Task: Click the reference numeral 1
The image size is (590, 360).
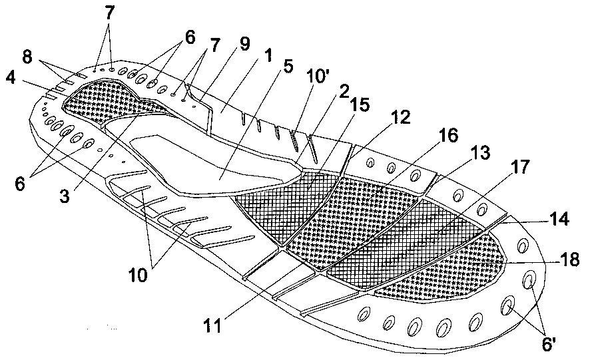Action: pyautogui.click(x=268, y=56)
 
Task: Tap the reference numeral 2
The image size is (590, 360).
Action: pyautogui.click(x=343, y=91)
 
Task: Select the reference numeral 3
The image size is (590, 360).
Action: pyautogui.click(x=65, y=196)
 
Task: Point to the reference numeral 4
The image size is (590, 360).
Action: pyautogui.click(x=10, y=78)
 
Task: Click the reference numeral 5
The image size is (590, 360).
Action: pyautogui.click(x=288, y=66)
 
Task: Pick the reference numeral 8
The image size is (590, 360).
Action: pyautogui.click(x=27, y=57)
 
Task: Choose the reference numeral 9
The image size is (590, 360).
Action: pyautogui.click(x=244, y=44)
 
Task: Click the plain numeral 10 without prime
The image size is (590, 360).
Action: pyautogui.click(x=137, y=275)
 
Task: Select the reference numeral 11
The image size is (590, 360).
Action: pyautogui.click(x=212, y=325)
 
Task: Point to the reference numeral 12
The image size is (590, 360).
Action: pyautogui.click(x=400, y=117)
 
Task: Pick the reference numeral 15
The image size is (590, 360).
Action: pyautogui.click(x=360, y=104)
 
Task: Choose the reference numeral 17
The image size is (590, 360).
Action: pyautogui.click(x=520, y=166)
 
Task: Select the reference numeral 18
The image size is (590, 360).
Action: pyautogui.click(x=569, y=259)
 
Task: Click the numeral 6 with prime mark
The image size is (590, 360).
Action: pyautogui.click(x=548, y=344)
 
